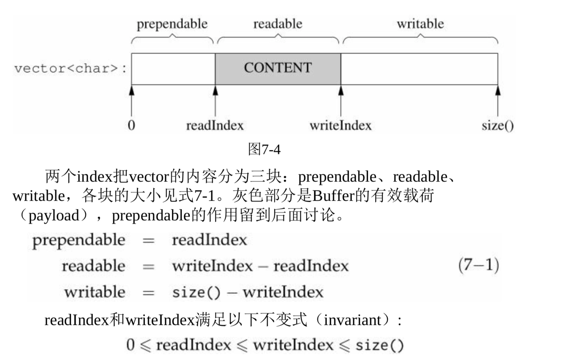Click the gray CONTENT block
click(x=278, y=68)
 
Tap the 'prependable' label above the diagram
click(x=172, y=24)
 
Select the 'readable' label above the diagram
click(x=278, y=24)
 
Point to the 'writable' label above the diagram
click(x=420, y=24)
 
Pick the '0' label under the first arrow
click(x=132, y=125)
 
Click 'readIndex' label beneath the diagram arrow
click(x=214, y=126)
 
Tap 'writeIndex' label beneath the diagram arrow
click(x=341, y=126)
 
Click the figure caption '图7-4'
click(x=264, y=149)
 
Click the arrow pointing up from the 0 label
click(x=132, y=101)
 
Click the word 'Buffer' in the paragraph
click(x=333, y=196)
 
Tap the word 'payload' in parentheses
click(x=54, y=216)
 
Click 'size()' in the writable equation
click(x=196, y=292)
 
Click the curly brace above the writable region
click(x=420, y=38)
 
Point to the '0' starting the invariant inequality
click(x=130, y=345)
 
